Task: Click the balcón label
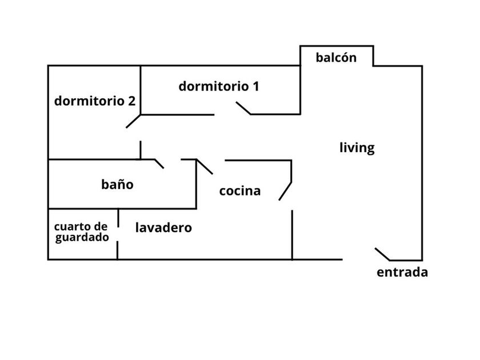[336, 58]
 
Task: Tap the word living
[357, 147]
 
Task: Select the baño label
[117, 184]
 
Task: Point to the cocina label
[240, 191]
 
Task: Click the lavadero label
[163, 227]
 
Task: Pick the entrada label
[402, 272]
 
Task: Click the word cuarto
[74, 227]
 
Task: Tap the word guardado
[82, 238]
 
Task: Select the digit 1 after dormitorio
[255, 86]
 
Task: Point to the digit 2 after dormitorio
[131, 101]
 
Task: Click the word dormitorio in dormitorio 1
[214, 86]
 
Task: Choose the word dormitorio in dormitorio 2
[89, 101]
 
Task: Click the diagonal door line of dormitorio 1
[243, 108]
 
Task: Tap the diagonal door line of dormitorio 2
[133, 121]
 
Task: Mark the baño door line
[159, 164]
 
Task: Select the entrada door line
[382, 254]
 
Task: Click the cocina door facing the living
[285, 191]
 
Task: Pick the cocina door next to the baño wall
[204, 167]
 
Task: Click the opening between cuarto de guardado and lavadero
[118, 234]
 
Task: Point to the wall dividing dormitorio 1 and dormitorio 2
[141, 90]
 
